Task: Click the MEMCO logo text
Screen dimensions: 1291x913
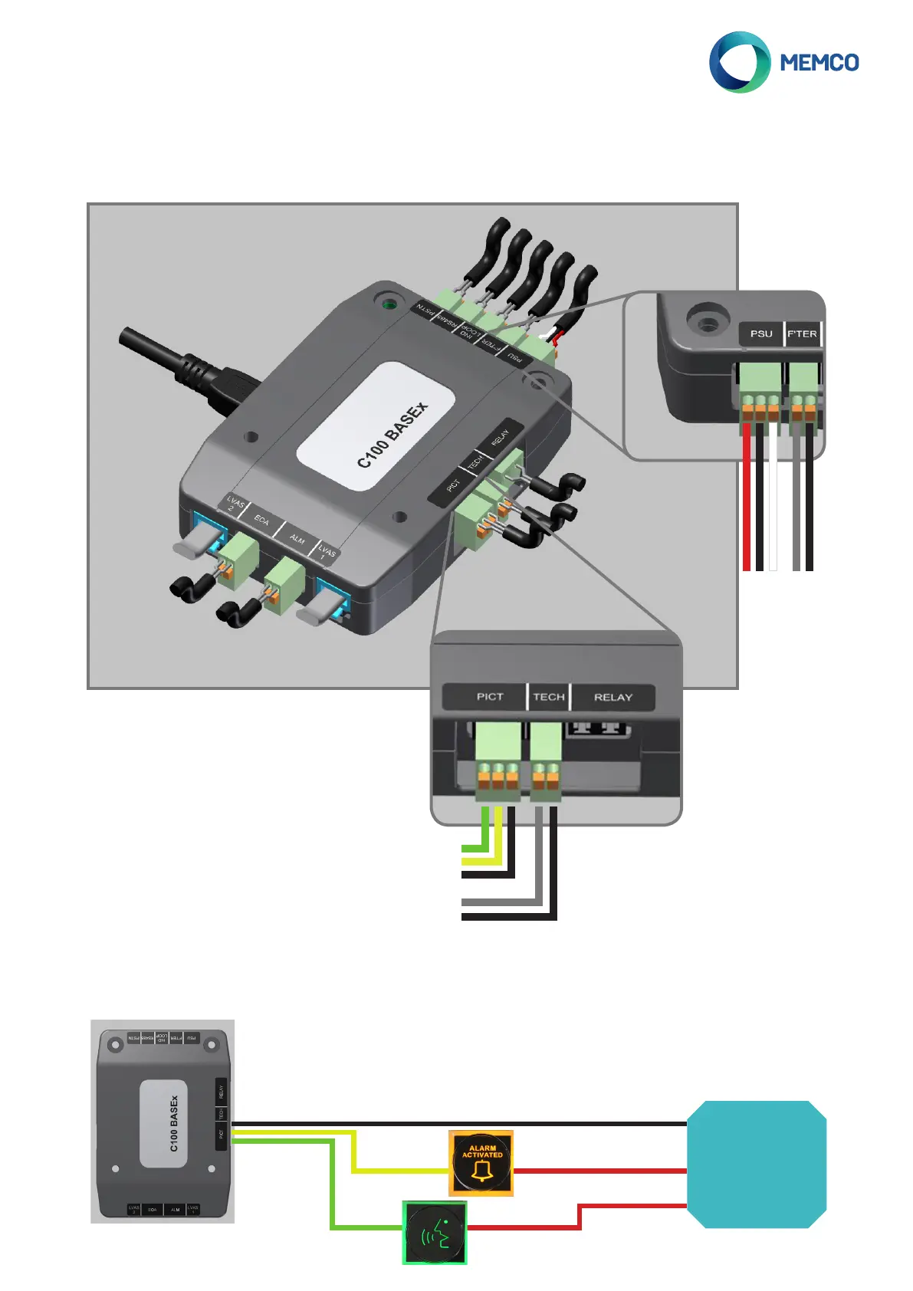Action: point(819,62)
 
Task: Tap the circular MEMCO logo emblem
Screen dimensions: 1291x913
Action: point(739,62)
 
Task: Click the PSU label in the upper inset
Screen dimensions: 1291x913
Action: point(760,333)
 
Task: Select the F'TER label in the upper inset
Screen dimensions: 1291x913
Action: point(802,333)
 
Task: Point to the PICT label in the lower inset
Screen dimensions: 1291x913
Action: point(490,697)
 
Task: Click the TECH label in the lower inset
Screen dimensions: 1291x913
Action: point(549,697)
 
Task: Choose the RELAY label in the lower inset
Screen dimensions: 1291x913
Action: point(613,697)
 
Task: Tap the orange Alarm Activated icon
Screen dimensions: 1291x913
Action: point(481,1163)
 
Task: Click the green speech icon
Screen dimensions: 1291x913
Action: point(435,1233)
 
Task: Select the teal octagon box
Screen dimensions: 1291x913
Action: point(757,1165)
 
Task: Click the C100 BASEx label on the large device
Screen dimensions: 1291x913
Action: point(392,435)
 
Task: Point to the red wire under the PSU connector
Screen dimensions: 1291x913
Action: point(747,498)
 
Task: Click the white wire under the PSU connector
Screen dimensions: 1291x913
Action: point(773,498)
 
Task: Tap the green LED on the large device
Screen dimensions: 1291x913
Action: point(389,304)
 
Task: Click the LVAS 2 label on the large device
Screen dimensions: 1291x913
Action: point(234,504)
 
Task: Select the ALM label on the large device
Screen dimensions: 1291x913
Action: point(297,539)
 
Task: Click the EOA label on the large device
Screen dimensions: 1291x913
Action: point(261,521)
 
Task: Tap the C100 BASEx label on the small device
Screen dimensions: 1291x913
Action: point(174,1123)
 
